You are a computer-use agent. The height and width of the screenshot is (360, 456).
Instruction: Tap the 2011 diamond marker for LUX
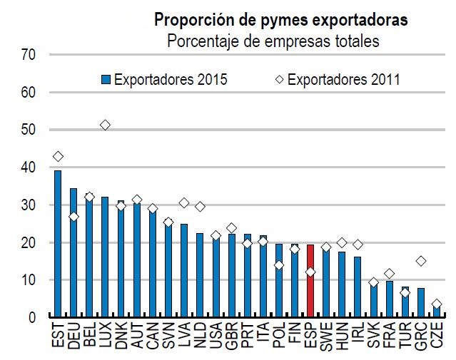tap(105, 125)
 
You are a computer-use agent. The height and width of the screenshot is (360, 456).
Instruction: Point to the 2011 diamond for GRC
tap(420, 261)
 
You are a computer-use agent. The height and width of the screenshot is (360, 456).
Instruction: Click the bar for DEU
tap(74, 252)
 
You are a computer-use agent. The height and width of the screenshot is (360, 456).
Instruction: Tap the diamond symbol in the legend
tap(278, 80)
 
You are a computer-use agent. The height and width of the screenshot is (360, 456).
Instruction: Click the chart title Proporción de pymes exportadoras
tap(281, 21)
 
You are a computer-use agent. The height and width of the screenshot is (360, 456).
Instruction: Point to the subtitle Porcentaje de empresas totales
tap(273, 41)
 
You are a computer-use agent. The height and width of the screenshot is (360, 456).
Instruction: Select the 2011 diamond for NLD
tap(200, 207)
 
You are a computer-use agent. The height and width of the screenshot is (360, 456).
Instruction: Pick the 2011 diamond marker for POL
tap(278, 265)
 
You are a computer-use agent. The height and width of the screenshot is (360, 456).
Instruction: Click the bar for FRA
tap(389, 299)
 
